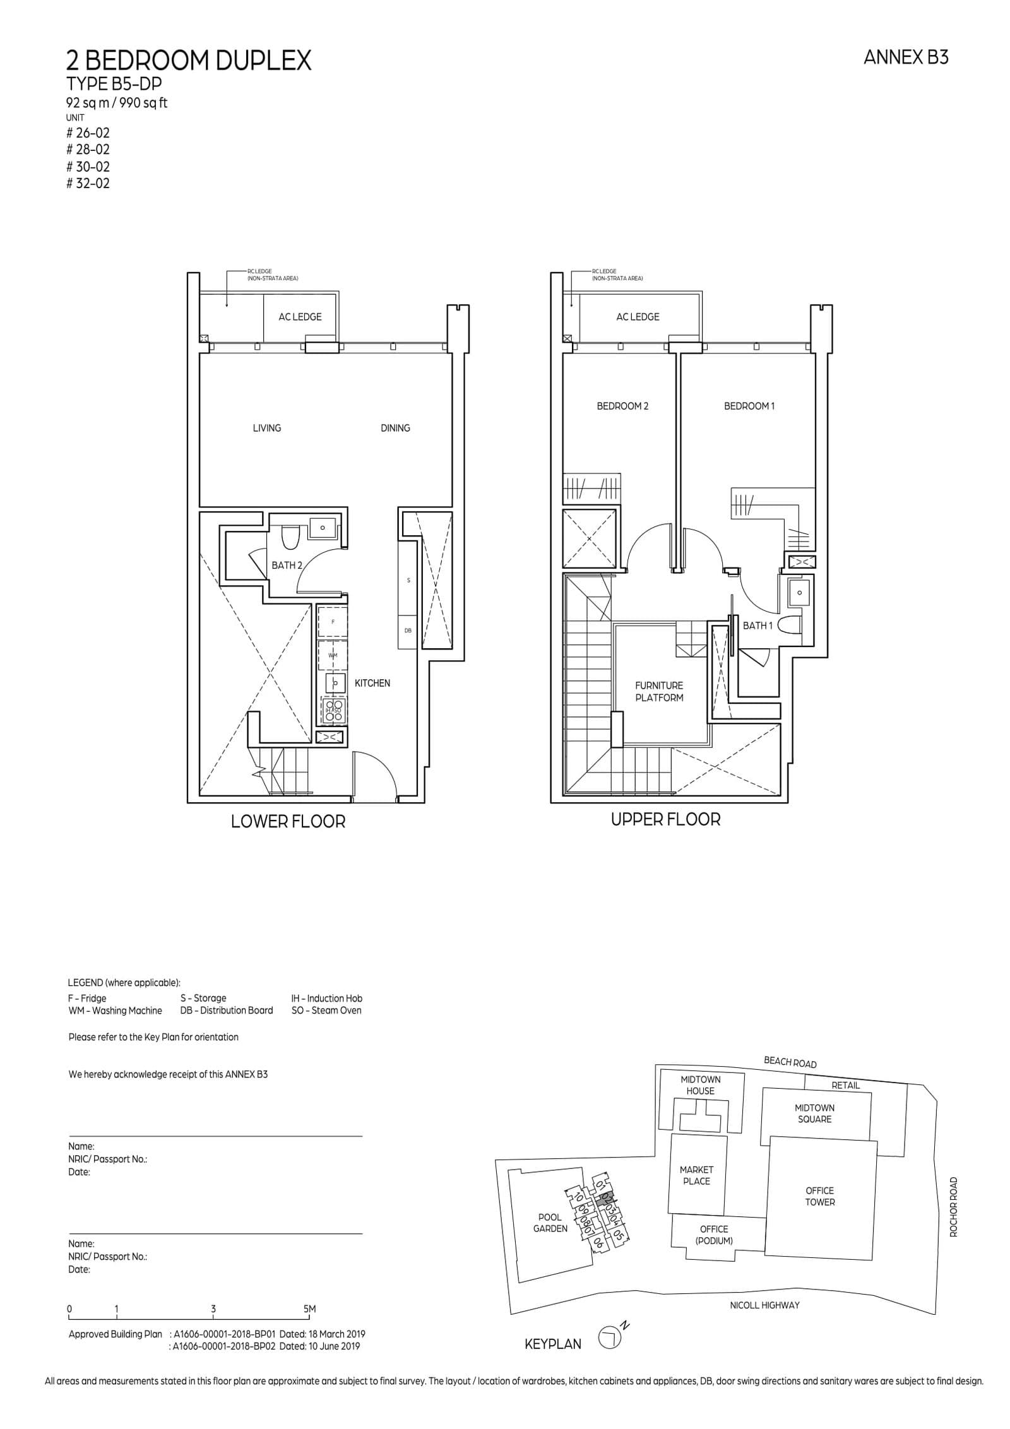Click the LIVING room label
click(266, 428)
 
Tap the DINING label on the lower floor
click(395, 428)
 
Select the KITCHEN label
click(372, 683)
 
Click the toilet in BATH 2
click(291, 537)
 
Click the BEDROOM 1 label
click(749, 406)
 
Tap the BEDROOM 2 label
click(622, 406)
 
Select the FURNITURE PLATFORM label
click(659, 691)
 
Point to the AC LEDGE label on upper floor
click(638, 317)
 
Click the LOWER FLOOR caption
click(288, 822)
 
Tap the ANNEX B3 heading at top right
click(905, 57)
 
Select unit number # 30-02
click(88, 167)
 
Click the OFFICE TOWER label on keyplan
click(819, 1196)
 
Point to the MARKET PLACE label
click(696, 1175)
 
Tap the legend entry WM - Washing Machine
click(115, 1010)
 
